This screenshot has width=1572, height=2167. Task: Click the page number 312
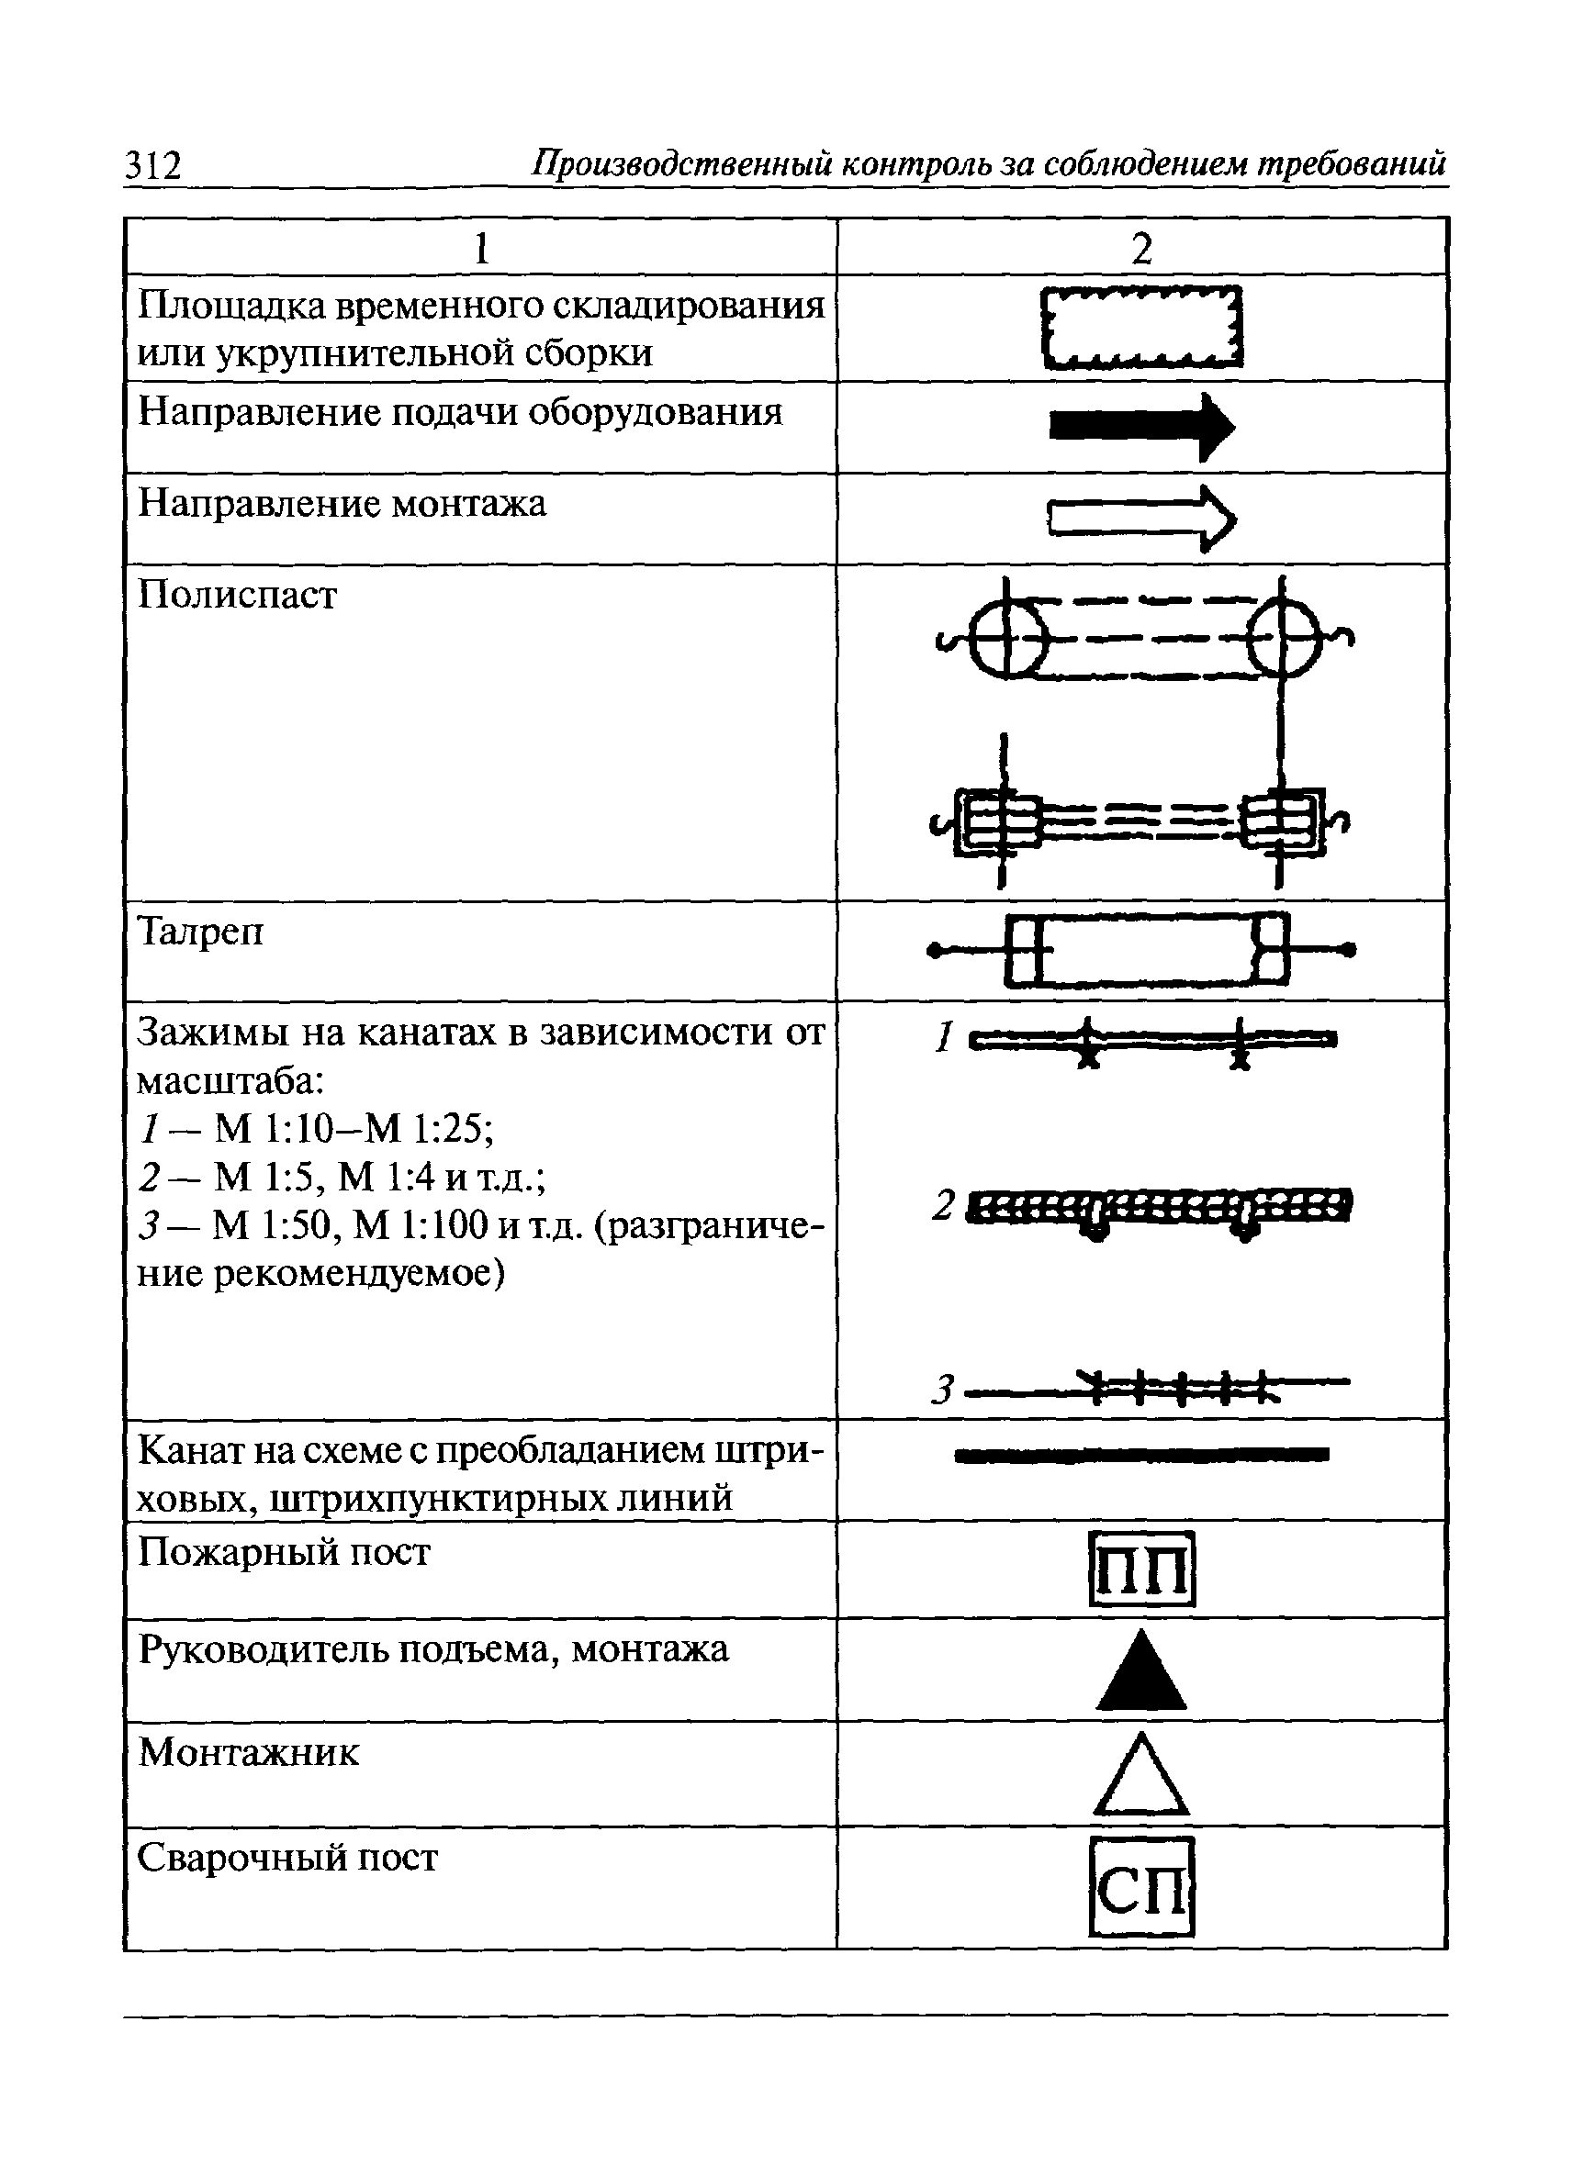click(153, 166)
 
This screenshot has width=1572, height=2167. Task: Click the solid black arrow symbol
click(1142, 426)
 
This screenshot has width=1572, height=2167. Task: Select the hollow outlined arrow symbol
click(1142, 519)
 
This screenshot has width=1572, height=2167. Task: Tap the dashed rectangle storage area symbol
click(1142, 328)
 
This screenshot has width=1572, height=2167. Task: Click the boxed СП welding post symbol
click(1142, 1886)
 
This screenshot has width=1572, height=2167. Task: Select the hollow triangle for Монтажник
click(1142, 1776)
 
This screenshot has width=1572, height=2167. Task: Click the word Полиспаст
click(238, 597)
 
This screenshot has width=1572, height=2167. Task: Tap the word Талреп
click(201, 932)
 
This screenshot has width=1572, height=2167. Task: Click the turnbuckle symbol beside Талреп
click(1142, 950)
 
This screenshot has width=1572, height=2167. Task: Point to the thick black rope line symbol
click(1142, 1455)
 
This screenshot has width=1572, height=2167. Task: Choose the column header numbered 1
click(482, 250)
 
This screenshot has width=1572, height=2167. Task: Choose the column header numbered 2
click(1142, 250)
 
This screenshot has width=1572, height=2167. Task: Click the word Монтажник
click(250, 1752)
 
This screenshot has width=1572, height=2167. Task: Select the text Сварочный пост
click(287, 1858)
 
